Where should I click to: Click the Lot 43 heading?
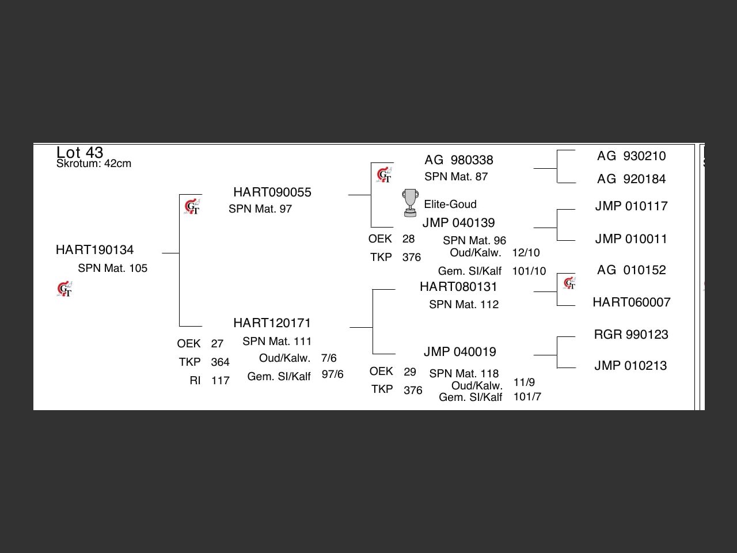(79, 152)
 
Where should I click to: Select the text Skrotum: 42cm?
(94, 164)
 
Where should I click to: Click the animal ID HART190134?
(94, 250)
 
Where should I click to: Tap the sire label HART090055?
(272, 192)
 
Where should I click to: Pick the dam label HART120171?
(272, 323)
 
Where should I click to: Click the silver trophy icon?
(410, 203)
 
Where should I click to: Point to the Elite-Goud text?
(450, 204)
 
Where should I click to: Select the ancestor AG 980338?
(459, 160)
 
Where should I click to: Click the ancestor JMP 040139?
(458, 223)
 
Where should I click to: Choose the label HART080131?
(458, 287)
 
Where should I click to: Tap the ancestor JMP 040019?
(459, 352)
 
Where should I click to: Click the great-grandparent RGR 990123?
(631, 335)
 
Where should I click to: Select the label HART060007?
(632, 302)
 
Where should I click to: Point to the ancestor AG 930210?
(631, 156)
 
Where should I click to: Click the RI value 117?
(221, 381)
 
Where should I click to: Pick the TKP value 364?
(220, 362)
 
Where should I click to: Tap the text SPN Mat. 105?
(113, 268)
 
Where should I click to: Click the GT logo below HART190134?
(64, 289)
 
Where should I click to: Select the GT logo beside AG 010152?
(569, 283)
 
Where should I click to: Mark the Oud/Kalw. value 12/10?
(526, 253)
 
